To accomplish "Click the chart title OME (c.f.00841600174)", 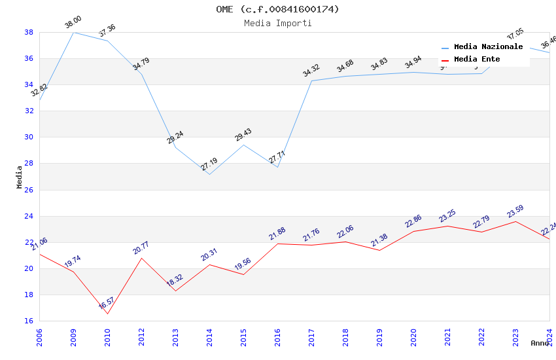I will tap(278, 9).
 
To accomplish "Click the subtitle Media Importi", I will tap(278, 24).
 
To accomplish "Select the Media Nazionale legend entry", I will tap(488, 47).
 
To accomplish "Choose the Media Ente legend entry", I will tap(477, 60).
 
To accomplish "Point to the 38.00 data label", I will tap(73, 24).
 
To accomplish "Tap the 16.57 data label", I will tap(107, 303).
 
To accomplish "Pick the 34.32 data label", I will tap(311, 71).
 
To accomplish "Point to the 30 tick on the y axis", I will tap(29, 137).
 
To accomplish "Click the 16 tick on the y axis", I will tap(29, 321).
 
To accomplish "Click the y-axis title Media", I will tap(20, 177).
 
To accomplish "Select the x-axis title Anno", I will tap(540, 343).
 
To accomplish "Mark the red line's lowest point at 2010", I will tap(107, 314).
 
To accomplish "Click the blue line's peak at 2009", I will tap(73, 32).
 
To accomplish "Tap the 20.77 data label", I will tap(141, 247).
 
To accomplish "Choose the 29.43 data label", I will tap(243, 135).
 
